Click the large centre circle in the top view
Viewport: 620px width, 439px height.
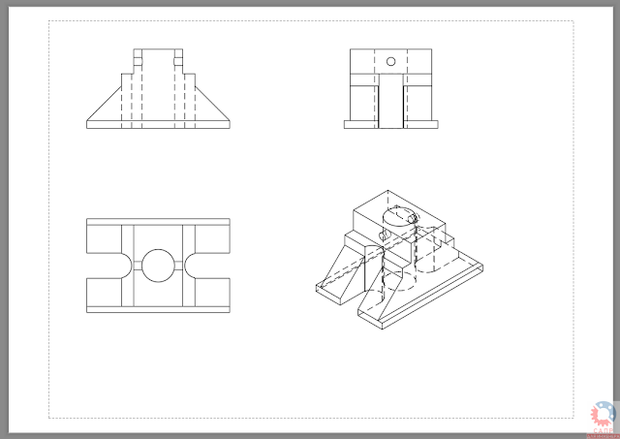(x=158, y=264)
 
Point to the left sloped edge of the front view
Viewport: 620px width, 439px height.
(x=104, y=101)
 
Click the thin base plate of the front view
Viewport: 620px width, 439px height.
(x=159, y=123)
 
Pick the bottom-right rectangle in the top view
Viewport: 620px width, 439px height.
(x=212, y=289)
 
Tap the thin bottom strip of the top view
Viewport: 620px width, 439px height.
(x=158, y=308)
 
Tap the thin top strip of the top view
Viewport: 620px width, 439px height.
(x=158, y=223)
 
